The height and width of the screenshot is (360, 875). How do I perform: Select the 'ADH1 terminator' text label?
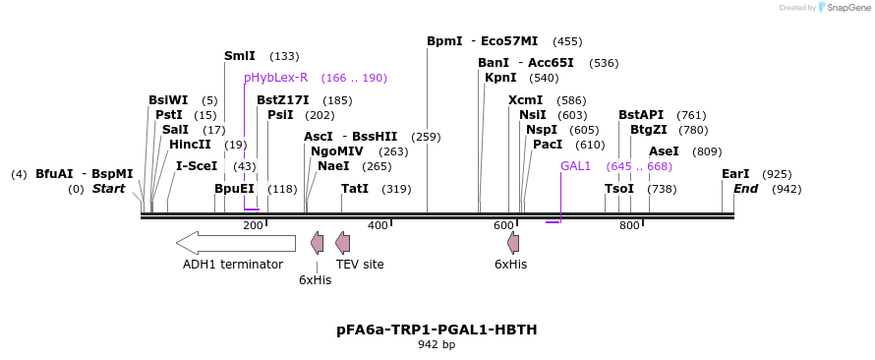pos(233,265)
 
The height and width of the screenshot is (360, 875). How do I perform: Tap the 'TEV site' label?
pos(360,265)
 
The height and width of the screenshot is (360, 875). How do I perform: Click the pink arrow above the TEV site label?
pos(342,242)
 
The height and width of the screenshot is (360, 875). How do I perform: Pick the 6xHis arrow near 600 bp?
pos(512,242)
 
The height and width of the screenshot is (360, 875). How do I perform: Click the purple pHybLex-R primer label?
pos(276,78)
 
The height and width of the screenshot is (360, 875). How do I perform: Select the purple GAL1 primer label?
pos(575,166)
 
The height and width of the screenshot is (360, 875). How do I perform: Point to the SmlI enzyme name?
pos(240,56)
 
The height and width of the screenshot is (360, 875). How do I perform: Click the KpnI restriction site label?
pos(500,78)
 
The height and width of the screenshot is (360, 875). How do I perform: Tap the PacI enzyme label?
pos(548,145)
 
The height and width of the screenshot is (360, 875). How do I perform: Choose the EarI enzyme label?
pos(735,174)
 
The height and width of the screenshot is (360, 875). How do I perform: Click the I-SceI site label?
pos(197,166)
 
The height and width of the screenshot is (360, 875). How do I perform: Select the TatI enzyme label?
pos(355,189)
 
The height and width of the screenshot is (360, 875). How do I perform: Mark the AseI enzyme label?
pos(664,151)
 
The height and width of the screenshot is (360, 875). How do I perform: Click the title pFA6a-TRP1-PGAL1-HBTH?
pos(437,330)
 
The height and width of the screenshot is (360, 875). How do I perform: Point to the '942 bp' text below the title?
pos(437,345)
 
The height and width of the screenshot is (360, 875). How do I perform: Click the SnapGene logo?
pos(838,8)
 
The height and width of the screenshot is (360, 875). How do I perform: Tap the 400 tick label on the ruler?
pos(379,226)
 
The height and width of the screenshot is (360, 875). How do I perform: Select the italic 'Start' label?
pos(108,189)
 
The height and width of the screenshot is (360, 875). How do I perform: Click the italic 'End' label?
pos(745,189)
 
